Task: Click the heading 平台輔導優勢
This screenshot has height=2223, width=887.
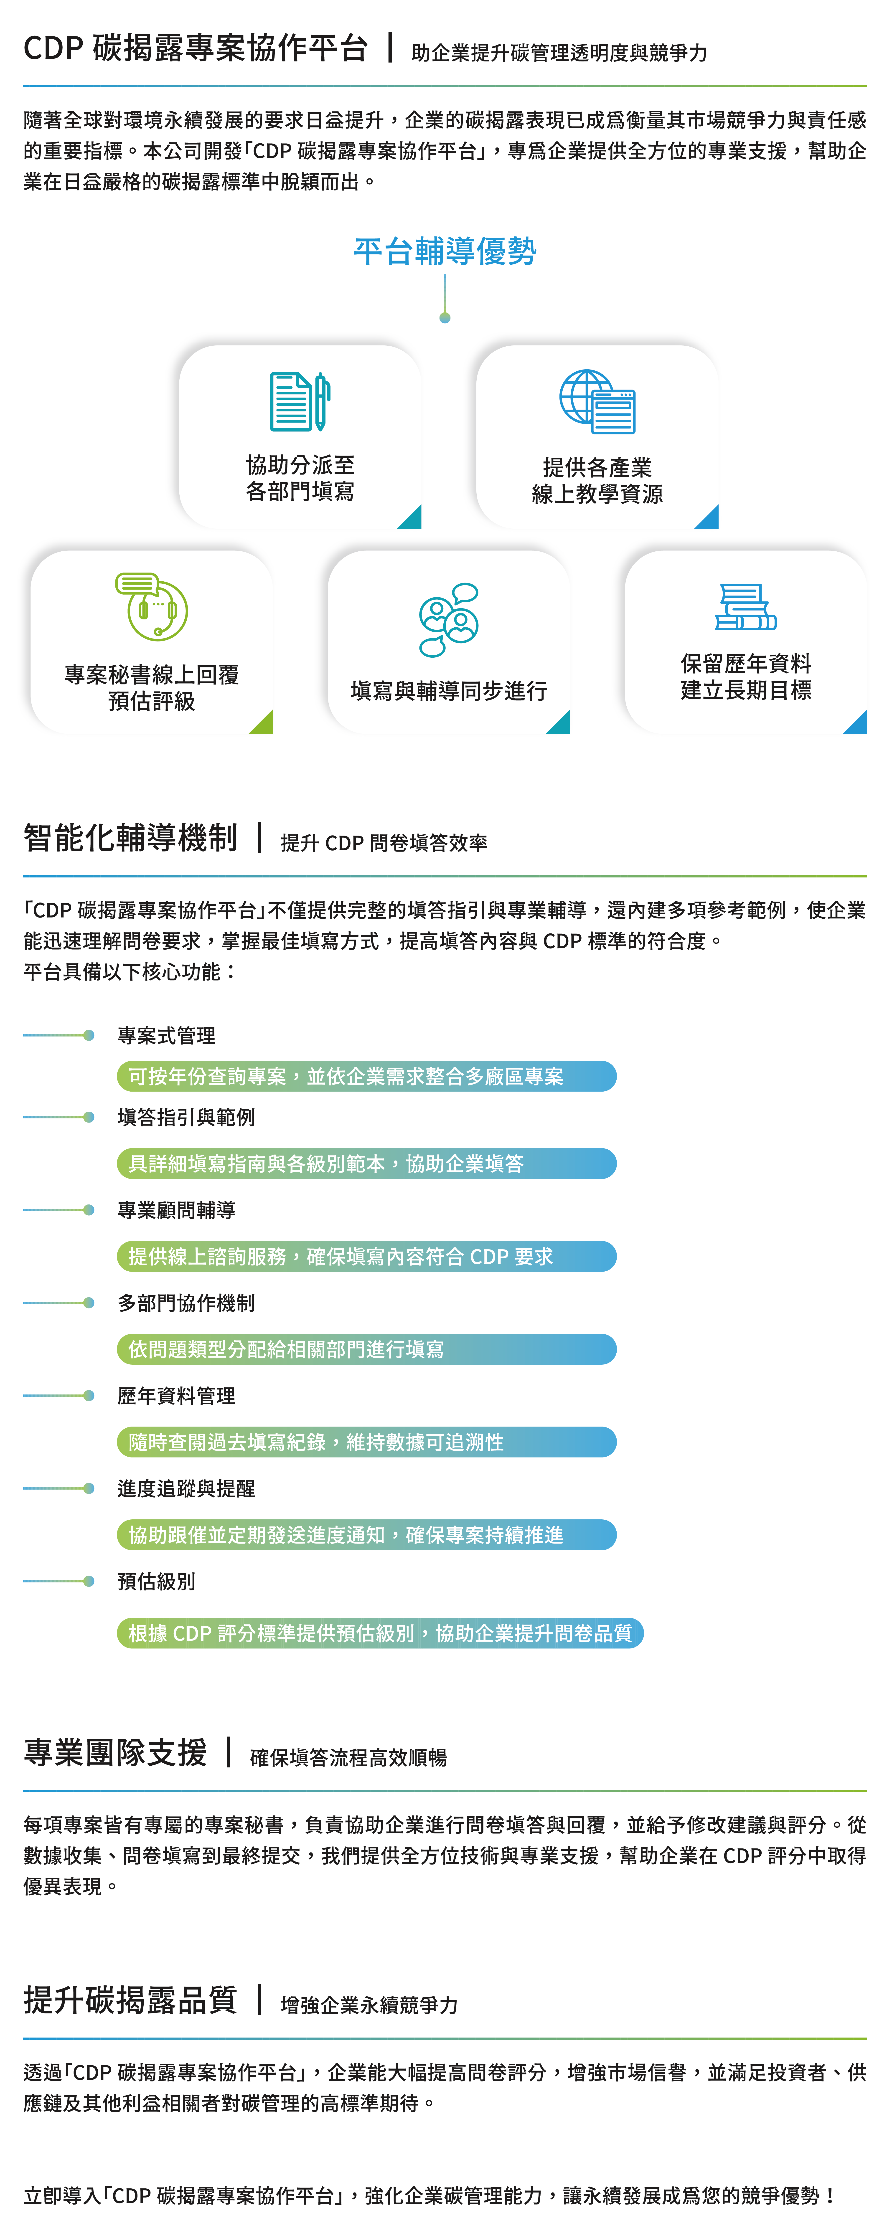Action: click(444, 251)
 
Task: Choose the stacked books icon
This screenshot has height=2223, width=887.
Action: click(745, 607)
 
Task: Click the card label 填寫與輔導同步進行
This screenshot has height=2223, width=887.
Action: click(449, 690)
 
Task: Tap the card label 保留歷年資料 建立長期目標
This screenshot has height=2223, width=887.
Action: click(745, 677)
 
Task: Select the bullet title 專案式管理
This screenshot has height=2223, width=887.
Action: click(167, 1035)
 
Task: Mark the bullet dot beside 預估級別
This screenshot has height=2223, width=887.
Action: click(89, 1581)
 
